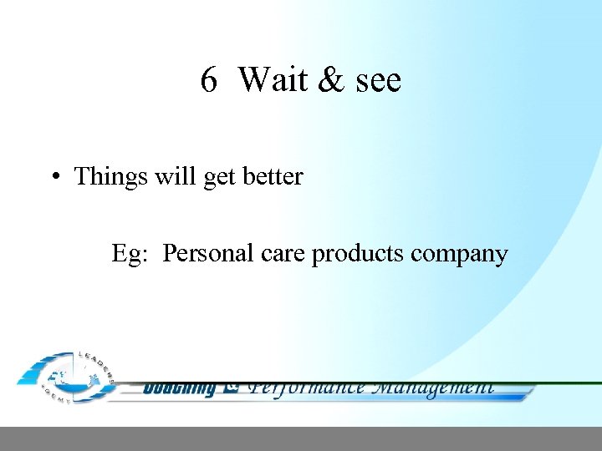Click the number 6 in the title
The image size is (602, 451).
pos(209,80)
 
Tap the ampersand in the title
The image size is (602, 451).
pos(332,80)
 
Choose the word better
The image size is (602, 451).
pos(273,176)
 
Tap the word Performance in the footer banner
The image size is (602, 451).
pos(308,388)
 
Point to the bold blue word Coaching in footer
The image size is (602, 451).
pos(179,388)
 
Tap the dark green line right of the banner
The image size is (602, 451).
pos(569,383)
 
